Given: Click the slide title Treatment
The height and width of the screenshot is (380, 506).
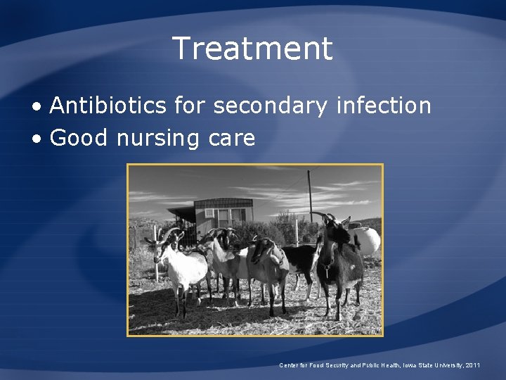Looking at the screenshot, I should coord(252,49).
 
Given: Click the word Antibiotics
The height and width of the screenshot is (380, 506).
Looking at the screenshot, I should coord(108,106).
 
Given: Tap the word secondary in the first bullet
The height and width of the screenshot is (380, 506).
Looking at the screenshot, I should coord(271,106).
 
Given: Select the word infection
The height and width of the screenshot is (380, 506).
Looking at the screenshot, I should coord(384,106).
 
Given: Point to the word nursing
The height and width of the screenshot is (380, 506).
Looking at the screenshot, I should coord(148,138).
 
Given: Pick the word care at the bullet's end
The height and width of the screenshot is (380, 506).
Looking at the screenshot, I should coord(231,139).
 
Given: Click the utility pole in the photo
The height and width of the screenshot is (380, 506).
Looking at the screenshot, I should coord(309,194).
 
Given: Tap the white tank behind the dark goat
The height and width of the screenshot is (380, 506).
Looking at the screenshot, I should coord(366,241).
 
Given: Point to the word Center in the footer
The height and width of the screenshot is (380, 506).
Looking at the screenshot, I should coord(290,365).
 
